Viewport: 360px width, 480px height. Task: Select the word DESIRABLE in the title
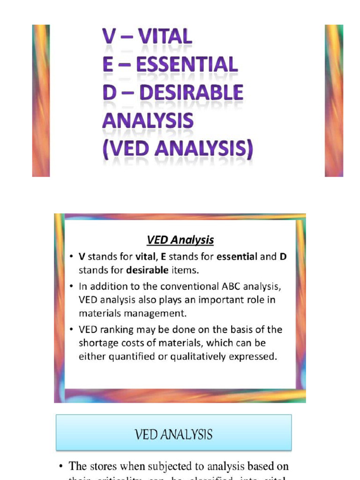[x=192, y=92]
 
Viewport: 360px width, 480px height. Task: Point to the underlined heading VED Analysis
[x=180, y=240]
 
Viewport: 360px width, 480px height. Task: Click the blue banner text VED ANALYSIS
[x=173, y=435]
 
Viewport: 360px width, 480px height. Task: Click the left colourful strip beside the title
[x=41, y=100]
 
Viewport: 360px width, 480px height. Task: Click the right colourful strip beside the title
[x=334, y=100]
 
